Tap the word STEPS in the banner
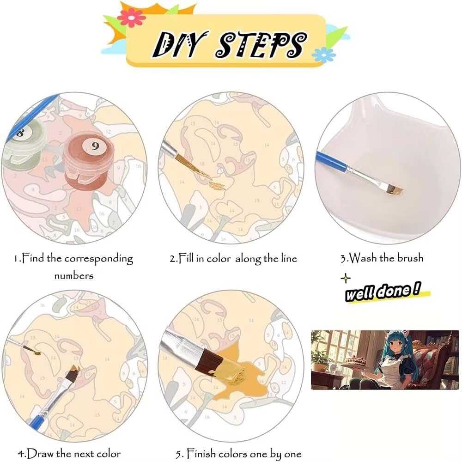(261, 44)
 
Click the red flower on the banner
(131, 18)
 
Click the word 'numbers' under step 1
(73, 276)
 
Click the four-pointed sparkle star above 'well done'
(346, 278)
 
